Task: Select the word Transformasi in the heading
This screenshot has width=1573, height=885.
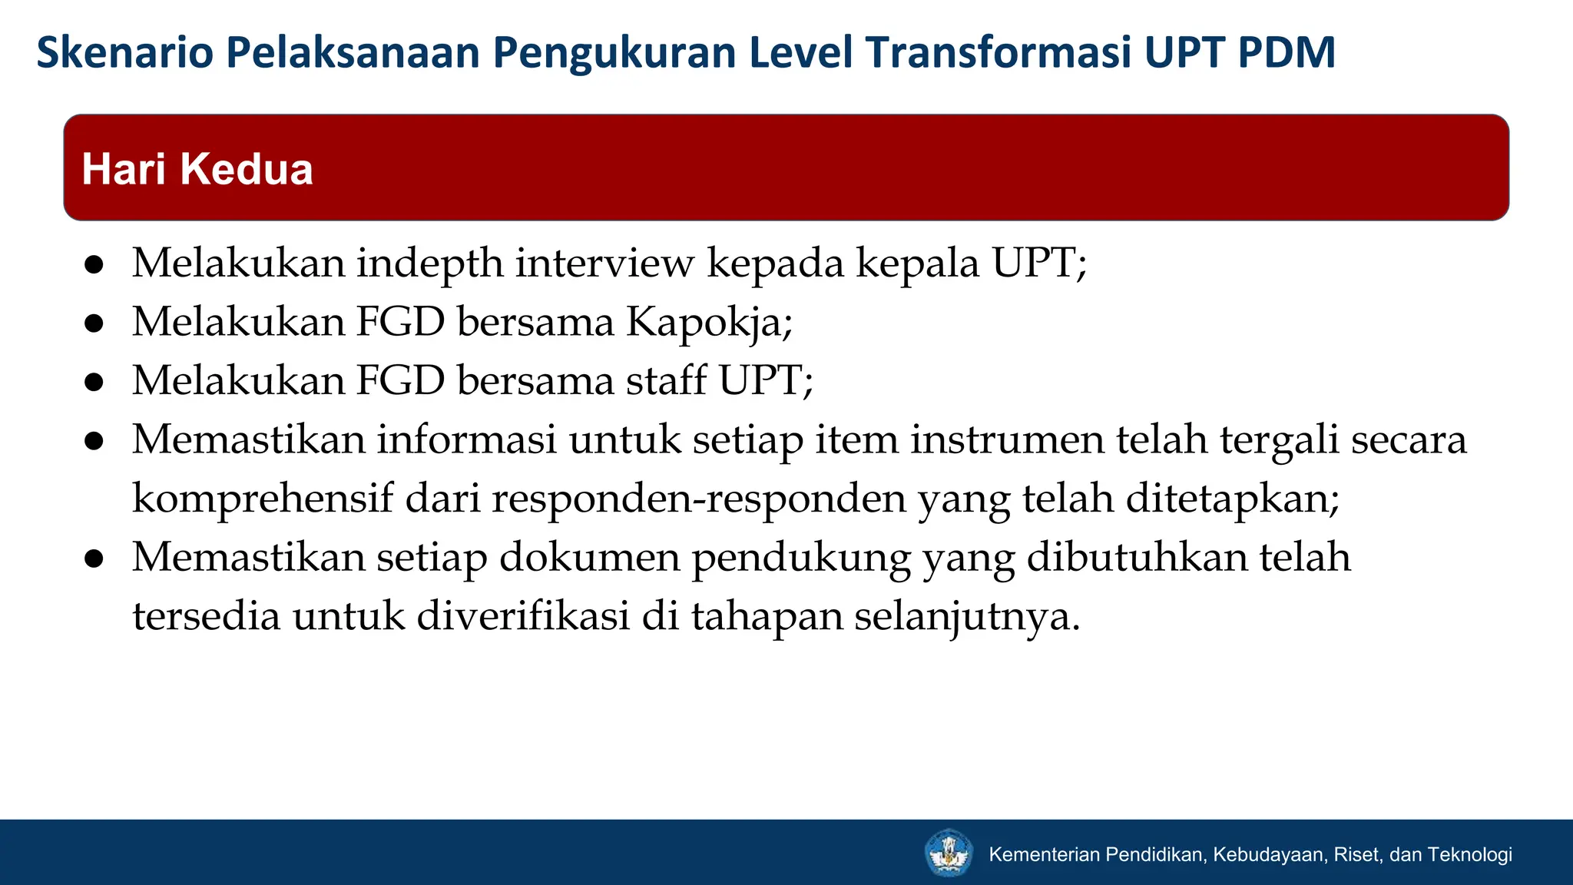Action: [x=998, y=52]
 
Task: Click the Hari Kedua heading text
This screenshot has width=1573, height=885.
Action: [x=197, y=169]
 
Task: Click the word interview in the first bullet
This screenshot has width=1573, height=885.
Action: [x=604, y=264]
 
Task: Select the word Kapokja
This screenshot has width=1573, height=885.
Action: [x=708, y=322]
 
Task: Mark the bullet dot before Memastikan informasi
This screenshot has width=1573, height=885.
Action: [x=94, y=441]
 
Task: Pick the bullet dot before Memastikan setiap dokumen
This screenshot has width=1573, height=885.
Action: [x=94, y=559]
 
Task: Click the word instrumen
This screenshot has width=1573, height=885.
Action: [x=1007, y=439]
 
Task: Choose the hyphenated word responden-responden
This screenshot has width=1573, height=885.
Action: [x=699, y=499]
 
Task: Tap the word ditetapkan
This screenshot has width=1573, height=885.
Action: [x=1232, y=499]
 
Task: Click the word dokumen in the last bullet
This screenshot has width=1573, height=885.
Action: [x=589, y=557]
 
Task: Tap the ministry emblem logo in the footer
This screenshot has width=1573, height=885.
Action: [x=949, y=853]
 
